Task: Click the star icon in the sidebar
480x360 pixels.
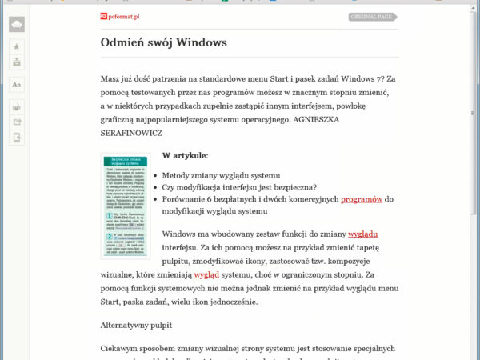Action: [17, 47]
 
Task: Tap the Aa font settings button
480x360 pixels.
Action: [17, 84]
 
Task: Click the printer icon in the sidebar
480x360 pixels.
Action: [17, 106]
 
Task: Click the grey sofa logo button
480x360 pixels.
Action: [17, 25]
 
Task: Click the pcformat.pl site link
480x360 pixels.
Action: [122, 15]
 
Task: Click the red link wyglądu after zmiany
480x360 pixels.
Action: [362, 234]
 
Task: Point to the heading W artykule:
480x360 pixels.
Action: [185, 155]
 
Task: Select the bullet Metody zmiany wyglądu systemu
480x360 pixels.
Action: [221, 175]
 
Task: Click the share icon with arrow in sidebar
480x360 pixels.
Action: [17, 122]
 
